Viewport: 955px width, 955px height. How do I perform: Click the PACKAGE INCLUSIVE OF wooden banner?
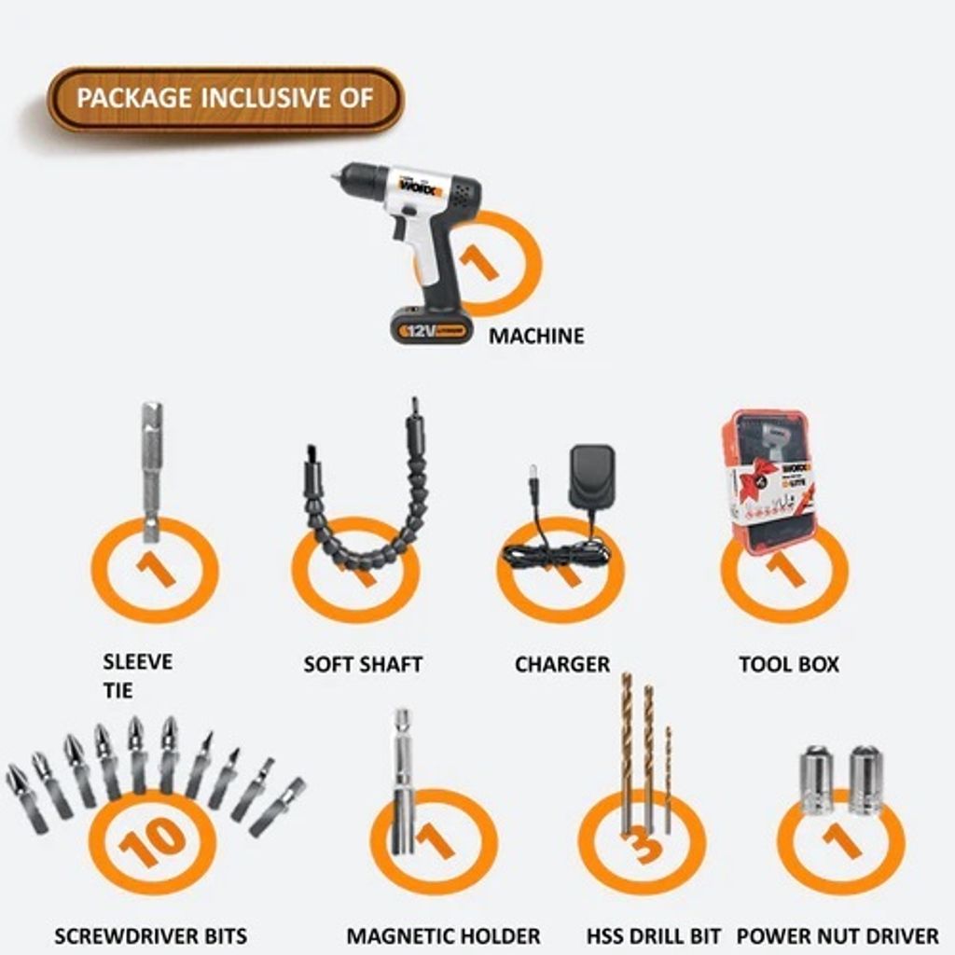(226, 99)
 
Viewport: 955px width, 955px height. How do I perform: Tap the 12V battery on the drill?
(431, 326)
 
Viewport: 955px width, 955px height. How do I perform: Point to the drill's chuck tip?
(335, 178)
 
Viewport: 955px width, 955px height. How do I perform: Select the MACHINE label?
(536, 336)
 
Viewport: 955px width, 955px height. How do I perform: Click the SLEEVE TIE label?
(138, 676)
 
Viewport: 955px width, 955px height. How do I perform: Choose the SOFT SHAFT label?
(363, 664)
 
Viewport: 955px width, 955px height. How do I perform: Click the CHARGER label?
(562, 664)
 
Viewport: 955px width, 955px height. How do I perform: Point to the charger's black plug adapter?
(591, 476)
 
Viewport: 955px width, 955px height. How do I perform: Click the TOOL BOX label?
(789, 664)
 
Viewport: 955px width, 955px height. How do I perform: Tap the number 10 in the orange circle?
(152, 841)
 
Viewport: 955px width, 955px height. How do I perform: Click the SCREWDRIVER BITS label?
(150, 935)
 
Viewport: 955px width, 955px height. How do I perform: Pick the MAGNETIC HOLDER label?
(443, 935)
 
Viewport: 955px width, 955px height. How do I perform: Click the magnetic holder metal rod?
(403, 782)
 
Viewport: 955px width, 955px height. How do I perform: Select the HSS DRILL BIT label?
(654, 935)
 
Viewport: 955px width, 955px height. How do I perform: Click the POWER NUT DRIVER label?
(838, 935)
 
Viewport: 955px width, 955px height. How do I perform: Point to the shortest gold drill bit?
(668, 780)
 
